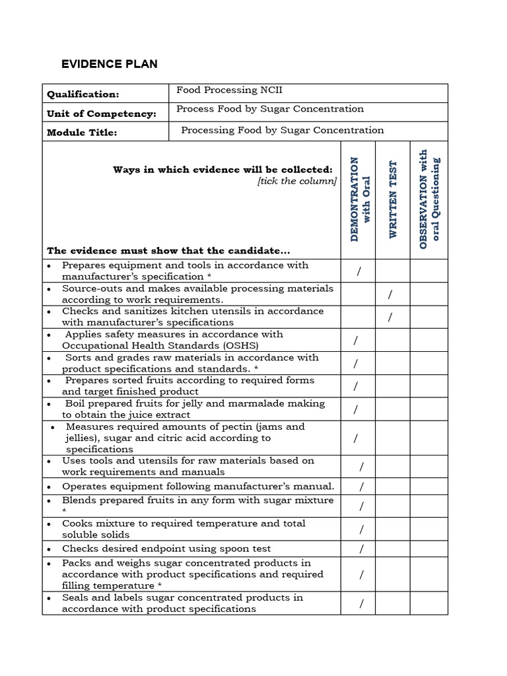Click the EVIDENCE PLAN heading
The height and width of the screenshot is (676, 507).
pyautogui.click(x=109, y=64)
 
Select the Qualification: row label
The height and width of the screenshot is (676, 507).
pyautogui.click(x=83, y=94)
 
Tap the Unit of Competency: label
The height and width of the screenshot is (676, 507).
pyautogui.click(x=101, y=114)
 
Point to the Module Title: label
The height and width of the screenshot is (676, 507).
pyautogui.click(x=82, y=133)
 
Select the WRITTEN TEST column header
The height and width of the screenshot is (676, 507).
pyautogui.click(x=393, y=200)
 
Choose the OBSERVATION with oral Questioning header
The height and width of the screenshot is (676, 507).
pyautogui.click(x=428, y=199)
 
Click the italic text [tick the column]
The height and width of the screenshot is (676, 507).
pyautogui.click(x=297, y=182)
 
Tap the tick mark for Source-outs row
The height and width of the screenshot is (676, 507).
pyautogui.click(x=391, y=294)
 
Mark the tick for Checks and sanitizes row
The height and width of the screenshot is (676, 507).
pyautogui.click(x=391, y=317)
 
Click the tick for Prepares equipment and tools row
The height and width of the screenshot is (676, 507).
pyautogui.click(x=358, y=271)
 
